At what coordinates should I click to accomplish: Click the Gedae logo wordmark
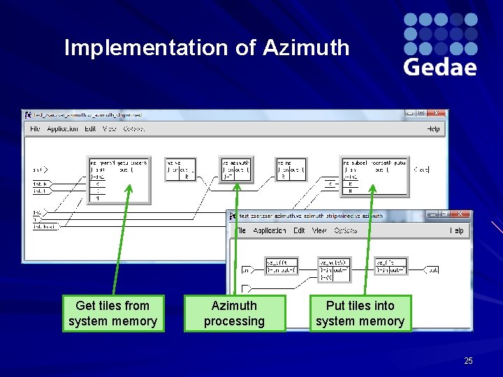point(440,67)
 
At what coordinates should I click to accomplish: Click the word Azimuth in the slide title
point(306,47)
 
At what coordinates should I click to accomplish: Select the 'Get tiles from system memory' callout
point(112,313)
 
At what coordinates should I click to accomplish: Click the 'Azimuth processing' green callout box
point(234,313)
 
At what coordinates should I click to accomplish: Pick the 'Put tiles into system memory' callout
point(360,313)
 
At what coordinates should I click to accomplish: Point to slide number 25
point(468,360)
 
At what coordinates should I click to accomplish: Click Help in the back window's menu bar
point(433,128)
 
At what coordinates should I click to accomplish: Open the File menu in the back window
point(35,128)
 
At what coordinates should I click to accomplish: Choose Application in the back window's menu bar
point(62,128)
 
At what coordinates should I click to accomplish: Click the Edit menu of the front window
point(299,230)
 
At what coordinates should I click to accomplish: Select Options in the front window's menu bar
point(345,230)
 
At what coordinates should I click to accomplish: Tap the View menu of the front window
point(319,230)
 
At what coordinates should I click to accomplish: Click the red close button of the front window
point(460,214)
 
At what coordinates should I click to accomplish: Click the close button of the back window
point(436,112)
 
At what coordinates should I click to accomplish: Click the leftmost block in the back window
point(118,179)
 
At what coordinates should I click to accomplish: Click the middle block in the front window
point(334,269)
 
